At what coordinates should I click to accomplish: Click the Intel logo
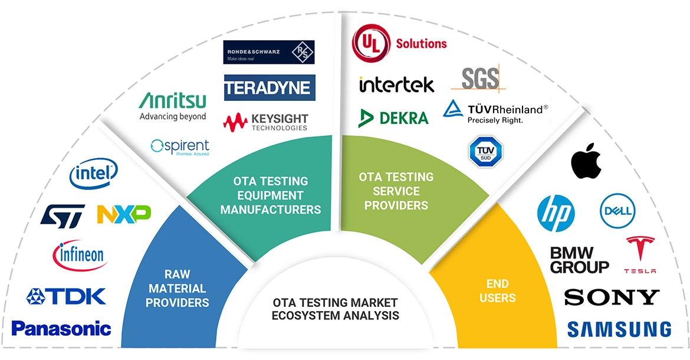94,174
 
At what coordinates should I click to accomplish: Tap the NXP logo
124,214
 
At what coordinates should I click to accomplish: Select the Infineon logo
78,255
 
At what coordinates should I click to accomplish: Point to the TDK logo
66,296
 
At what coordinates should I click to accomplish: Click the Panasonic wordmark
61,328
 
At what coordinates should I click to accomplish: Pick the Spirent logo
180,146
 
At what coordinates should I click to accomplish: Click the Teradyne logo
269,87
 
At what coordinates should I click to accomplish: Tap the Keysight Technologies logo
265,122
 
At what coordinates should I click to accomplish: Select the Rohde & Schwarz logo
269,52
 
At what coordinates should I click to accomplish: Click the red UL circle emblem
372,42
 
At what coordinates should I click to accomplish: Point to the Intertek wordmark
396,84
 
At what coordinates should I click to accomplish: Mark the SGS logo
478,78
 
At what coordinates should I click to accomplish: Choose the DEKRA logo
393,117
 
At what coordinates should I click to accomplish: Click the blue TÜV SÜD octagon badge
485,152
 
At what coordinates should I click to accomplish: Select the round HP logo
556,213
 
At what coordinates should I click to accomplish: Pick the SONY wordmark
611,297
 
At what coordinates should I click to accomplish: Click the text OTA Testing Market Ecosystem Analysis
335,309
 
